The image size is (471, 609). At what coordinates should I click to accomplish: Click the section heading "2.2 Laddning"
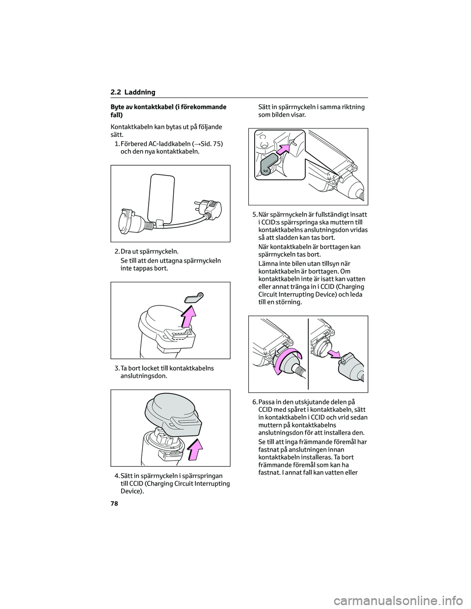133,92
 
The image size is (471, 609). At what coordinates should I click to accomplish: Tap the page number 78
114,504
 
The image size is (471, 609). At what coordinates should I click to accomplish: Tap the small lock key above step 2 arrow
195,297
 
